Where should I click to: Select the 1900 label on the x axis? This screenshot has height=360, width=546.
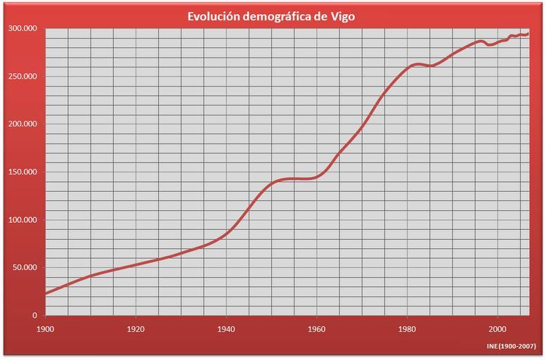pos(46,328)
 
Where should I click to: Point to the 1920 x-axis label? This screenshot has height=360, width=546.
pos(136,328)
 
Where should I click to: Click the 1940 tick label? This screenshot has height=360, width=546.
pos(226,328)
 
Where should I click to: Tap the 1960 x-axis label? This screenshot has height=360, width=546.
pos(317,328)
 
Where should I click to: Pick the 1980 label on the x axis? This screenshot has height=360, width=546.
pos(408,328)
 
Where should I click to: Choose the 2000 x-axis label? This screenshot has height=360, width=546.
pos(498,328)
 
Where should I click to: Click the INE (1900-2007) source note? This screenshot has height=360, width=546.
pos(511,347)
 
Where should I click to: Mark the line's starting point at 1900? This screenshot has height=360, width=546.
pos(46,294)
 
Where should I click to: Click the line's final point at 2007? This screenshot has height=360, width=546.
pos(528,33)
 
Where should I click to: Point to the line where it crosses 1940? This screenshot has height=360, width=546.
pos(226,233)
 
